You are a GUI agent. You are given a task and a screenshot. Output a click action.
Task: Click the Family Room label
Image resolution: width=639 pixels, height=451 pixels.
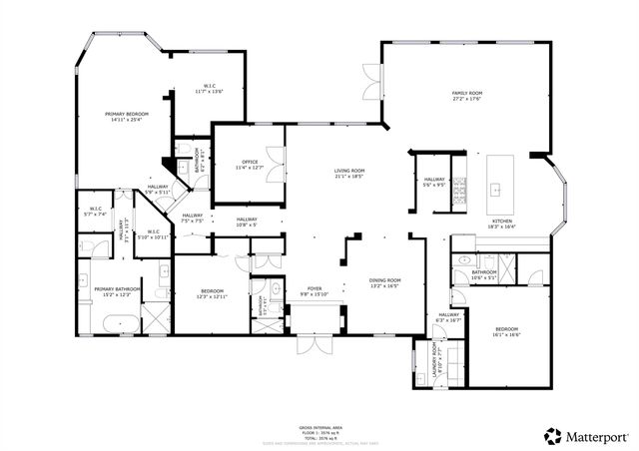coord(467,93)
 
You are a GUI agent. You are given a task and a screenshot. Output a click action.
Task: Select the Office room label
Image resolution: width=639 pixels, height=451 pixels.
coord(249,162)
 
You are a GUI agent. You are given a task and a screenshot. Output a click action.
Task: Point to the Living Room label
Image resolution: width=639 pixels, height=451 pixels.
coord(348,171)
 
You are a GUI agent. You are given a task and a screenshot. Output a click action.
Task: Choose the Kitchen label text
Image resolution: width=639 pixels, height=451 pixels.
coord(501,222)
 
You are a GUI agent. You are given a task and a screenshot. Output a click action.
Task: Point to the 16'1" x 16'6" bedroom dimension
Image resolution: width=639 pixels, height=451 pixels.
coord(507,334)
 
